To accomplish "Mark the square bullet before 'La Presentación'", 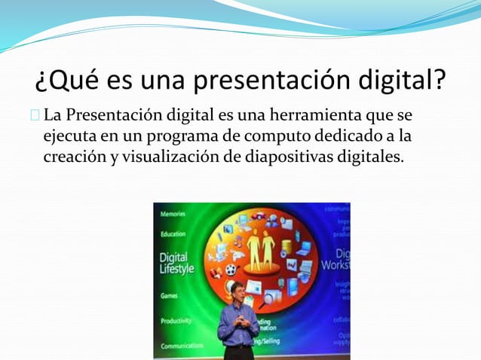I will (35, 117).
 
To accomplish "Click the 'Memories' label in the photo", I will (174, 214).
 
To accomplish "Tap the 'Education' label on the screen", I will (173, 234).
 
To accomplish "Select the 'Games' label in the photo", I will (169, 296).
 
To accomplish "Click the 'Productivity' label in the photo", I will (176, 321).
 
